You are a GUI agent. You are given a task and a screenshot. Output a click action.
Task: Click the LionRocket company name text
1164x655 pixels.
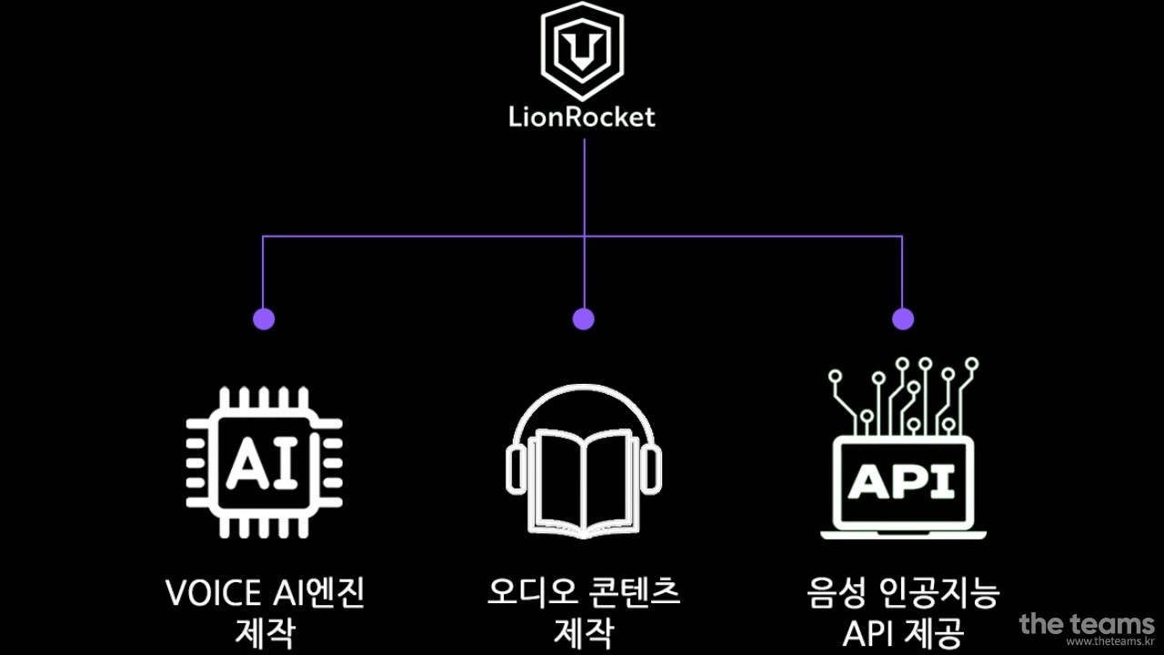click(x=582, y=117)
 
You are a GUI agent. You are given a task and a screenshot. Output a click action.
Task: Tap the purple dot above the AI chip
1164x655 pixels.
click(x=264, y=318)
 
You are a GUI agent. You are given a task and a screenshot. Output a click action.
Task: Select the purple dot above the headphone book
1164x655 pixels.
click(x=583, y=318)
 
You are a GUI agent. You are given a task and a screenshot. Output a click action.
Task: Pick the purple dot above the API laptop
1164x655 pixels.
click(x=902, y=318)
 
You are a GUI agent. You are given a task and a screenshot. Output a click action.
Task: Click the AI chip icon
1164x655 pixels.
click(x=264, y=462)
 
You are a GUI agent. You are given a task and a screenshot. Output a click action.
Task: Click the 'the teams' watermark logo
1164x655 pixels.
click(x=1086, y=624)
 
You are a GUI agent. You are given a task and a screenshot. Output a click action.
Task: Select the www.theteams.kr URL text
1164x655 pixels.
click(x=1102, y=642)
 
